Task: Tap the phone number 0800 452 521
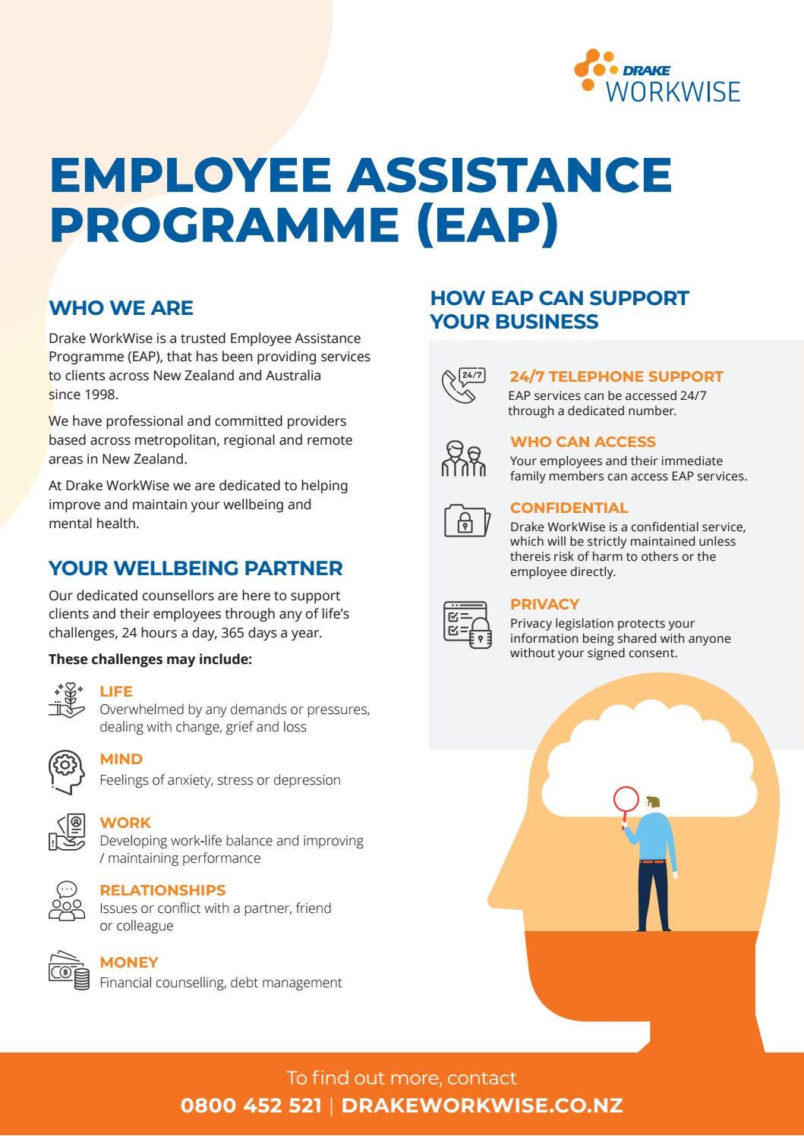click(x=251, y=1106)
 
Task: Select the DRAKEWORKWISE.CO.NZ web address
click(x=482, y=1106)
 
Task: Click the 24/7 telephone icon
click(x=464, y=385)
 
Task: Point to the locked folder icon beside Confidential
click(x=466, y=521)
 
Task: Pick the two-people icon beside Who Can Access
click(x=463, y=458)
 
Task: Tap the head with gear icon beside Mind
click(x=67, y=771)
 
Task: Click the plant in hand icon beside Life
click(x=67, y=700)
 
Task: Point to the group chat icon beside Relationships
click(x=68, y=901)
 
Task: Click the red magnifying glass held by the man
click(x=626, y=800)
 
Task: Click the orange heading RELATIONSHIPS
click(x=162, y=890)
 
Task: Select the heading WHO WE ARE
click(x=121, y=308)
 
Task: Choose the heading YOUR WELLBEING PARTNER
click(x=195, y=568)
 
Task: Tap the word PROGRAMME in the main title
click(x=224, y=224)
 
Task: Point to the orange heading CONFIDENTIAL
click(x=569, y=508)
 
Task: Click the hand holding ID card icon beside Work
click(x=67, y=832)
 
